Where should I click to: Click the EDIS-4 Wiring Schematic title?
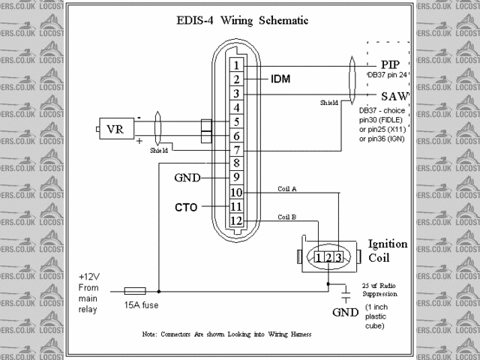pyautogui.click(x=237, y=20)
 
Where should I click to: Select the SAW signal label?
pyautogui.click(x=394, y=97)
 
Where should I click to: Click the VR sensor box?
pyautogui.click(x=115, y=128)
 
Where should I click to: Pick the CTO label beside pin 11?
pyautogui.click(x=187, y=206)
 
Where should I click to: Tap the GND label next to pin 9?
pyautogui.click(x=186, y=178)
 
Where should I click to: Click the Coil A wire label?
pyautogui.click(x=287, y=189)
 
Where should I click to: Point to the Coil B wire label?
pyautogui.click(x=287, y=217)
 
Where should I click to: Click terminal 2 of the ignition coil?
pyautogui.click(x=329, y=258)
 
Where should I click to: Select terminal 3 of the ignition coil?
pyautogui.click(x=339, y=258)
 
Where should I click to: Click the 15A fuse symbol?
pyautogui.click(x=134, y=290)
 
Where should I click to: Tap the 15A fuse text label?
pyautogui.click(x=141, y=305)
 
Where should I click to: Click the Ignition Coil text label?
pyautogui.click(x=387, y=250)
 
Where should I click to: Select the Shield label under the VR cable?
pyautogui.click(x=159, y=150)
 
